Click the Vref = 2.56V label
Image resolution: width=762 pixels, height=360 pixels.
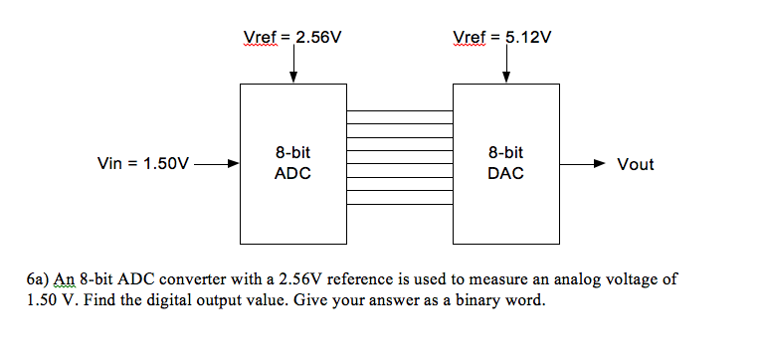click(292, 38)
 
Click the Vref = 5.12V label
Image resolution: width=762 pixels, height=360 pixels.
click(501, 38)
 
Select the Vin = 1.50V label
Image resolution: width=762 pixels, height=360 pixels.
click(141, 164)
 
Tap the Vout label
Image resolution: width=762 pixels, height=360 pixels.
click(636, 164)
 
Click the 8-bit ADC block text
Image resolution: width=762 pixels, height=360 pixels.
click(292, 164)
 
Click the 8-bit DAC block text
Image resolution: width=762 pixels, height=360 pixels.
click(505, 164)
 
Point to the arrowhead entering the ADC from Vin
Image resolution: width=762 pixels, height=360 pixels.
click(233, 164)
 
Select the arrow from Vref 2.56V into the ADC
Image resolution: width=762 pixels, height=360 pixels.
click(292, 68)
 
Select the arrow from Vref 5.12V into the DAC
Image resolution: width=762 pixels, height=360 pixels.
click(506, 68)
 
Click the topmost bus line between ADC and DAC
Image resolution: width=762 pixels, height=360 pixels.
click(399, 110)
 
